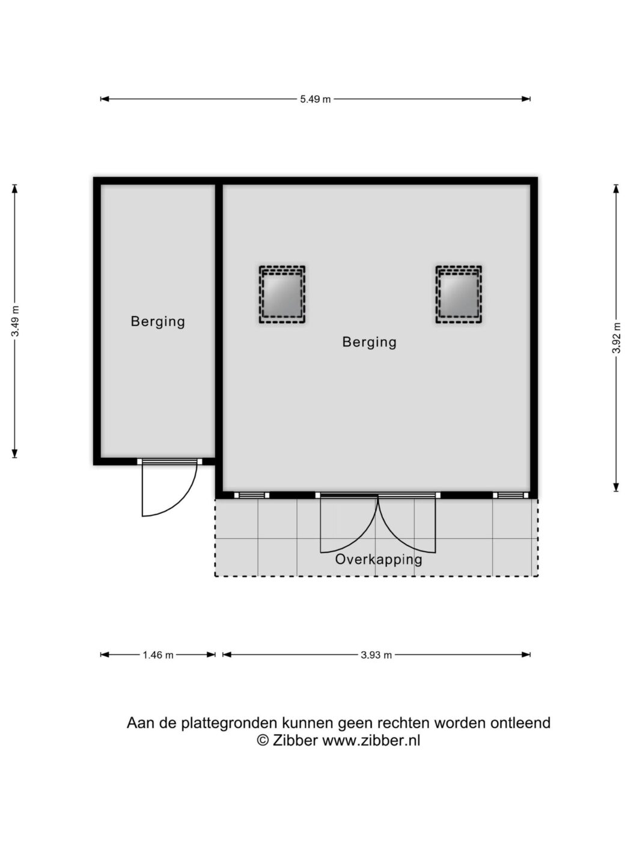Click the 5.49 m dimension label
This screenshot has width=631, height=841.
pyautogui.click(x=315, y=99)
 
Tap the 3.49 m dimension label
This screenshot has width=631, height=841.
pyautogui.click(x=15, y=321)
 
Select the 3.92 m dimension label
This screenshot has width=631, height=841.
pyautogui.click(x=616, y=338)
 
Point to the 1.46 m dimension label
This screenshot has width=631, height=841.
pyautogui.click(x=158, y=655)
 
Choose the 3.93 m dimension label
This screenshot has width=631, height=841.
pyautogui.click(x=376, y=655)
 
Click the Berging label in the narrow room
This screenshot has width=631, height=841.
pyautogui.click(x=158, y=321)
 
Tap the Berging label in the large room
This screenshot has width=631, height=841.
pyautogui.click(x=370, y=342)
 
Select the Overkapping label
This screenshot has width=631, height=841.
pyautogui.click(x=379, y=559)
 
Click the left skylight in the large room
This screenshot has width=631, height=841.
pyautogui.click(x=282, y=294)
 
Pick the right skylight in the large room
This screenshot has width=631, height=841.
pyautogui.click(x=459, y=294)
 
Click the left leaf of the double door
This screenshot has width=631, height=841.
pyautogui.click(x=349, y=523)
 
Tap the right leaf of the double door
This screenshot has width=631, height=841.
pyautogui.click(x=407, y=523)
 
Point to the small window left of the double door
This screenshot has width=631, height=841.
pyautogui.click(x=251, y=496)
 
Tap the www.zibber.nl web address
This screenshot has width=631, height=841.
pyautogui.click(x=371, y=739)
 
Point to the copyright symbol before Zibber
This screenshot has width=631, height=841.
pyautogui.click(x=263, y=740)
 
